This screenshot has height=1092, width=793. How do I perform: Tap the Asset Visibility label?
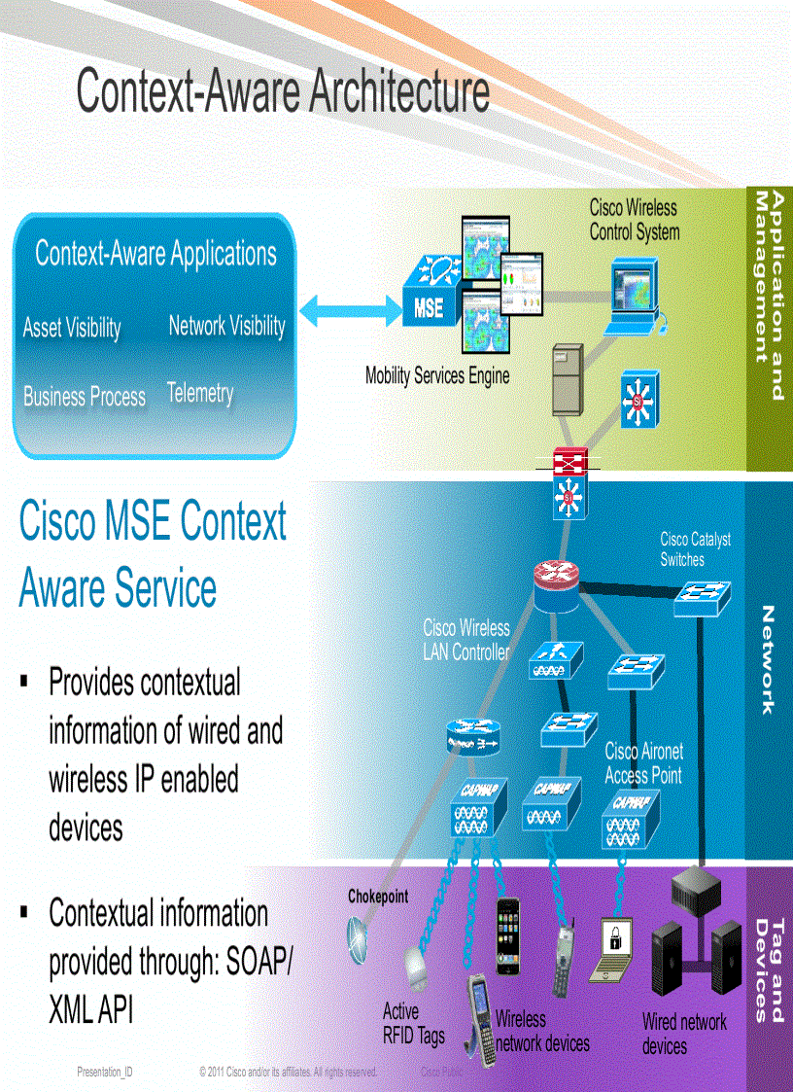tap(72, 329)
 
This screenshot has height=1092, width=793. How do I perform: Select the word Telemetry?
tap(200, 393)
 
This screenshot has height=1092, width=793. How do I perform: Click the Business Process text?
tap(85, 397)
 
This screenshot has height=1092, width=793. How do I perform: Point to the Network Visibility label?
tap(226, 326)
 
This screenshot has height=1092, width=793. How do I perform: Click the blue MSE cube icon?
tap(430, 298)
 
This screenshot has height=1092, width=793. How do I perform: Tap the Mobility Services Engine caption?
tap(437, 375)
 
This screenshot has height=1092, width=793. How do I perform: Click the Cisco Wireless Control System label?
tap(634, 221)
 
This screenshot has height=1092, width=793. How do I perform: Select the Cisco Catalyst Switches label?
tap(695, 549)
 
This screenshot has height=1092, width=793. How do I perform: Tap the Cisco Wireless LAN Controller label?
tap(466, 640)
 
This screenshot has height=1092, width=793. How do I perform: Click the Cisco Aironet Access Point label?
tap(643, 763)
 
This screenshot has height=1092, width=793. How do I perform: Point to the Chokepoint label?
tap(378, 897)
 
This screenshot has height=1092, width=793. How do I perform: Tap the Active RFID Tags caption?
tap(413, 1024)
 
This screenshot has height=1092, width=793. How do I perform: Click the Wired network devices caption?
tap(683, 1034)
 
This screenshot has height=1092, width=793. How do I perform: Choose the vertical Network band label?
tap(768, 660)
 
